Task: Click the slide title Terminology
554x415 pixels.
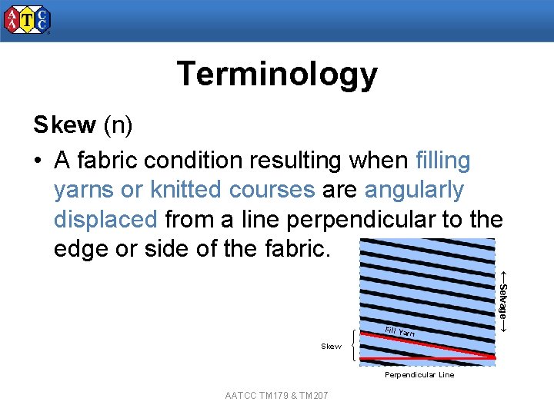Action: pyautogui.click(x=277, y=75)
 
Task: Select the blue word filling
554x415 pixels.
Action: pyautogui.click(x=442, y=161)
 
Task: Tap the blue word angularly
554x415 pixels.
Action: pyautogui.click(x=414, y=190)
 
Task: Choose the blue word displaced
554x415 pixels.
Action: pyautogui.click(x=105, y=219)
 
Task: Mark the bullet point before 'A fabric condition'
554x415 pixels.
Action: pyautogui.click(x=38, y=161)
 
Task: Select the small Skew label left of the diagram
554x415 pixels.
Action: pyautogui.click(x=331, y=347)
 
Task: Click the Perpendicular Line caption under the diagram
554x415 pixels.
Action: pyautogui.click(x=419, y=375)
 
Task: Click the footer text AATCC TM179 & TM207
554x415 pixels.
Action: pyautogui.click(x=277, y=396)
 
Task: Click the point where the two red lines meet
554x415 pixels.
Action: pyautogui.click(x=493, y=358)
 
